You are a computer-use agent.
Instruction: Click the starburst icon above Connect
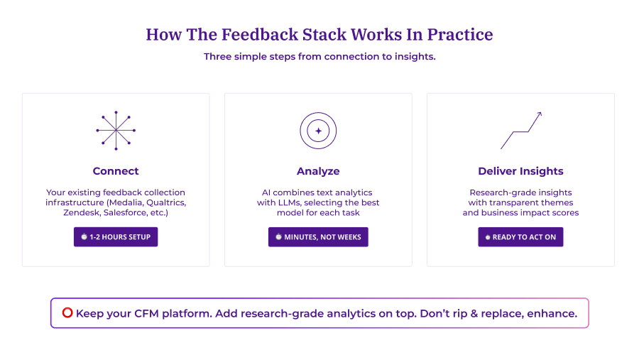116,131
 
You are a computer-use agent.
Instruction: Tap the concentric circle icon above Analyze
318,131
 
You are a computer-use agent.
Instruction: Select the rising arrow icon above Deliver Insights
521,131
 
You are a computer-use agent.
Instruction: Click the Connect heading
116,171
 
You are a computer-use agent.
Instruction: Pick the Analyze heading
318,171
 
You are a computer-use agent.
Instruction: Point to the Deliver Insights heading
520,171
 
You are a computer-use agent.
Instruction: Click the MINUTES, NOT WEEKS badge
318,237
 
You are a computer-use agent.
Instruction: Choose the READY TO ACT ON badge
520,237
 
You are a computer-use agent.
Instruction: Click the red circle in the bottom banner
67,312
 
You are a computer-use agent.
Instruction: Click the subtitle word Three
219,57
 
